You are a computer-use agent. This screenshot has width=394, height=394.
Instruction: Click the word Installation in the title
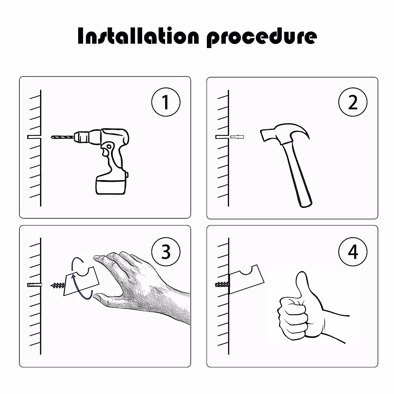pyautogui.click(x=138, y=35)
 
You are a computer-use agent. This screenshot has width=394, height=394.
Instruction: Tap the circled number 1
pyautogui.click(x=166, y=102)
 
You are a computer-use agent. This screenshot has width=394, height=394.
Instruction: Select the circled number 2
pyautogui.click(x=353, y=102)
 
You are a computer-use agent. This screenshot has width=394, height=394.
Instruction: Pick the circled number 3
pyautogui.click(x=166, y=252)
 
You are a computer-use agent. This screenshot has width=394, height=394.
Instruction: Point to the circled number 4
pyautogui.click(x=353, y=252)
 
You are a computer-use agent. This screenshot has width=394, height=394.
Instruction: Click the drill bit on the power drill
pyautogui.click(x=62, y=137)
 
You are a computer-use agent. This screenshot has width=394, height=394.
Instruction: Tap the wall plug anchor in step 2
pyautogui.click(x=237, y=137)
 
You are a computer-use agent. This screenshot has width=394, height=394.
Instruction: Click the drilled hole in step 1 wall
pyautogui.click(x=34, y=137)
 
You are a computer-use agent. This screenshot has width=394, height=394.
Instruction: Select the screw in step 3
pyautogui.click(x=58, y=285)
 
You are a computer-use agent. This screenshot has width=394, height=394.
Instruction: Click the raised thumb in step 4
pyautogui.click(x=303, y=286)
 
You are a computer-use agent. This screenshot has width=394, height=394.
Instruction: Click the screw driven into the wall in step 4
pyautogui.click(x=223, y=284)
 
